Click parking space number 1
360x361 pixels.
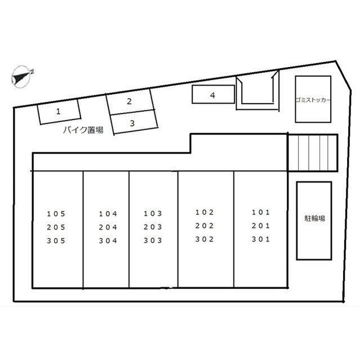(x=59, y=112)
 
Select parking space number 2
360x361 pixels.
(x=130, y=102)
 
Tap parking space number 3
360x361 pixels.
(x=134, y=122)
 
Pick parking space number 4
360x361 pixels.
(x=213, y=94)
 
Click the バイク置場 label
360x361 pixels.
(x=83, y=130)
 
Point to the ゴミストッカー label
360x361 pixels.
(x=313, y=100)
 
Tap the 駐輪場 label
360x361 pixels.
(x=314, y=218)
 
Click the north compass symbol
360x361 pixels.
(x=21, y=77)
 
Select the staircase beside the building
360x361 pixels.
(x=313, y=153)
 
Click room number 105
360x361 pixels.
(x=56, y=214)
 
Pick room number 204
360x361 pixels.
(x=108, y=227)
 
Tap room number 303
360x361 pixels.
(x=153, y=241)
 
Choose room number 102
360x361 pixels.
(x=205, y=212)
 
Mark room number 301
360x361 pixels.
(x=261, y=239)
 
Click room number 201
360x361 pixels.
(x=261, y=226)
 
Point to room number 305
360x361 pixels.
(x=56, y=241)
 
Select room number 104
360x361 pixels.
(x=108, y=214)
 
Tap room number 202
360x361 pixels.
(x=205, y=226)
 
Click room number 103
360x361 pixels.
(x=153, y=214)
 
